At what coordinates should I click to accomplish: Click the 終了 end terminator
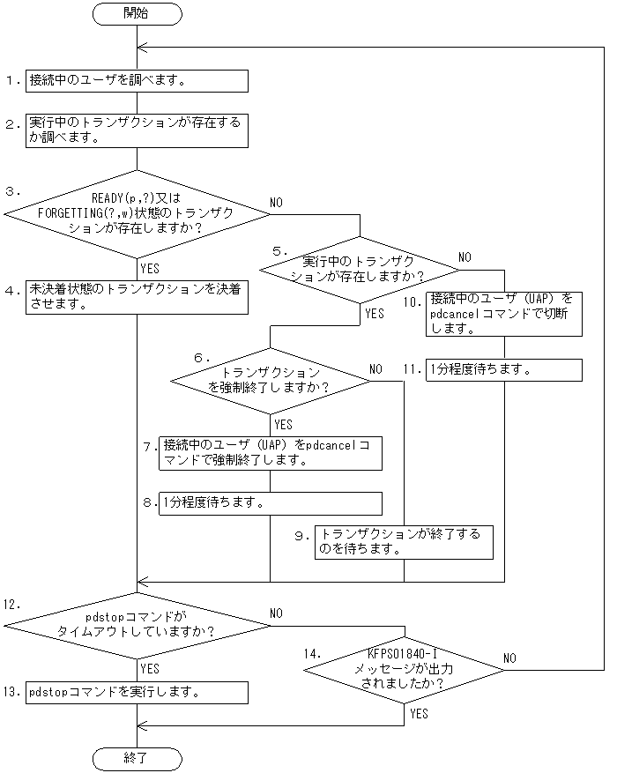pos(137,758)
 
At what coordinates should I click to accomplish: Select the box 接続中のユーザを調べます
pos(137,80)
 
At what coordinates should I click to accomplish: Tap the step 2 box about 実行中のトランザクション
pos(137,130)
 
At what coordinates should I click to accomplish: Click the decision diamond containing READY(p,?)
pos(137,212)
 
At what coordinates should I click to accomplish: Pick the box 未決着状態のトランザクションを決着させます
pos(137,298)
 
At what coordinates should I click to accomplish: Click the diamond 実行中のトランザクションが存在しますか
pos(360,268)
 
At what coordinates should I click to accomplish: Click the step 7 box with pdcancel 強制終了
pos(270,452)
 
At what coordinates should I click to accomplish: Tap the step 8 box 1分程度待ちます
pos(270,502)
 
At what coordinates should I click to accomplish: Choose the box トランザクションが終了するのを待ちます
pos(404,540)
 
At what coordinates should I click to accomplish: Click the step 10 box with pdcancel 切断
pos(504,313)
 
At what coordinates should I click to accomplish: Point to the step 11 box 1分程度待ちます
pos(504,369)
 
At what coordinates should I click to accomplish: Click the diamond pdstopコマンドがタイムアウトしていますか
pos(137,624)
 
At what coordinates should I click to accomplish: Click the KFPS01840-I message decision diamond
pos(404,670)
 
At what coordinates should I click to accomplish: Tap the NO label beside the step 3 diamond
pos(276,203)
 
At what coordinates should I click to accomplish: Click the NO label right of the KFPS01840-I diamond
pos(509,658)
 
